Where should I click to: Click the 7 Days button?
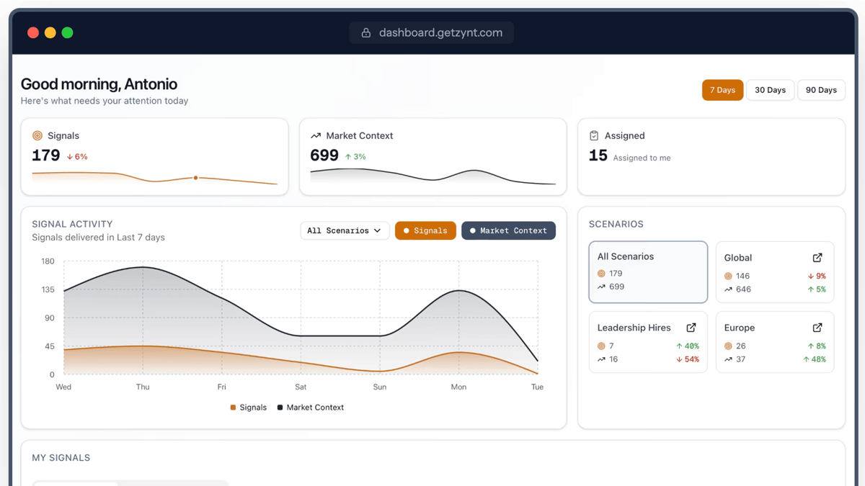(x=722, y=90)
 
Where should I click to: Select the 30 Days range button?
(x=770, y=90)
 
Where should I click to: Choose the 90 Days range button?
(x=821, y=90)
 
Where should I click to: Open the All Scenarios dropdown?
(x=345, y=230)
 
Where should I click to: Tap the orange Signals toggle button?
(x=425, y=230)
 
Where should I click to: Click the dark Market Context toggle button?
(x=508, y=230)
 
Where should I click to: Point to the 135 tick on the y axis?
(x=48, y=289)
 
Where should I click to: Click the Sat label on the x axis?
(x=301, y=387)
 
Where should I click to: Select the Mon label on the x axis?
(x=458, y=387)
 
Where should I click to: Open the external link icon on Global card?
(x=817, y=258)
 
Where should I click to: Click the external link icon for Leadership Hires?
(x=691, y=328)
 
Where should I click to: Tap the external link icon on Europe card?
(x=817, y=328)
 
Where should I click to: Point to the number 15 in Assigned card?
(x=598, y=156)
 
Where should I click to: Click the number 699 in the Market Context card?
(x=324, y=156)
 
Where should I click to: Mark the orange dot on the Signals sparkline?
(x=195, y=178)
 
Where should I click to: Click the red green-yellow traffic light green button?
(x=67, y=32)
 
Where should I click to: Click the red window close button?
(x=33, y=32)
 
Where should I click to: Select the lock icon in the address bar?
(x=366, y=32)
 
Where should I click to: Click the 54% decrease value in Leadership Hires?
(x=688, y=359)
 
